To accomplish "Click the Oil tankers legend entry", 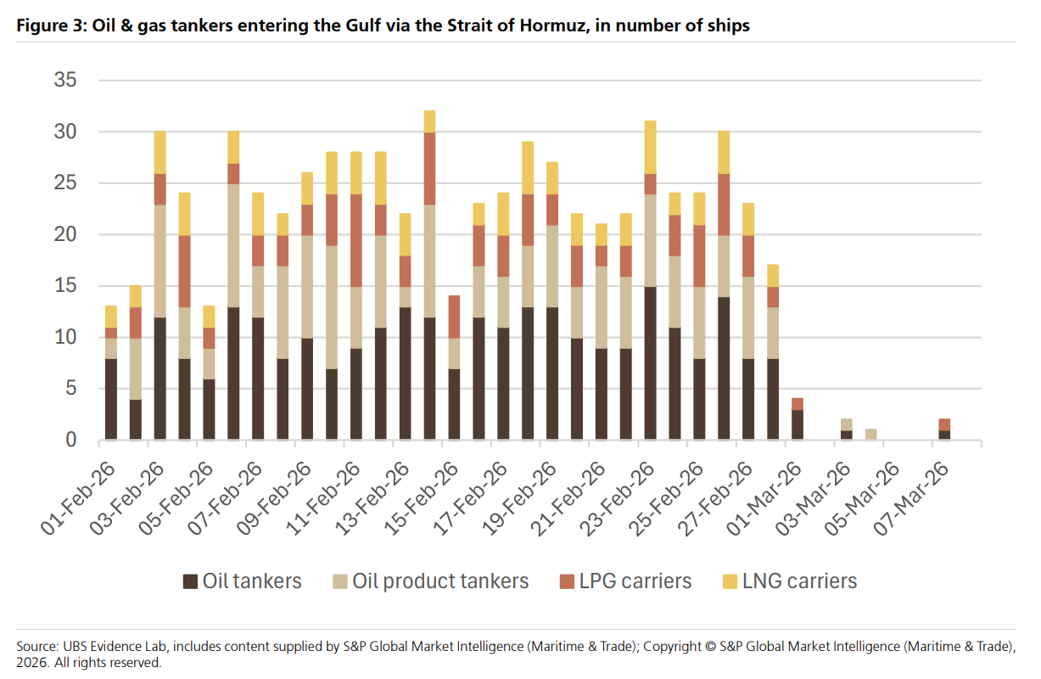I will click(x=243, y=581).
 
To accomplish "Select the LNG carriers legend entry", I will click(x=789, y=581).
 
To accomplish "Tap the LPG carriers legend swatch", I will click(x=565, y=581).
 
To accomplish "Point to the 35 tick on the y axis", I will click(x=65, y=81).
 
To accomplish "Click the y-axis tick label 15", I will click(x=65, y=286).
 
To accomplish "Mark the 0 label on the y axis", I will click(x=71, y=441).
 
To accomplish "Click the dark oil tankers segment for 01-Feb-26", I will click(x=111, y=399).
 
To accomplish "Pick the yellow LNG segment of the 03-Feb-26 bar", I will click(x=160, y=153).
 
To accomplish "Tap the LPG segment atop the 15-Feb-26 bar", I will click(x=455, y=317).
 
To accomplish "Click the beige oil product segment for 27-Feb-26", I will click(x=748, y=317).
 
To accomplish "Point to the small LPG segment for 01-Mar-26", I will click(x=798, y=404).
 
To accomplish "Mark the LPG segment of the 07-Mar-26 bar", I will click(x=945, y=424).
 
